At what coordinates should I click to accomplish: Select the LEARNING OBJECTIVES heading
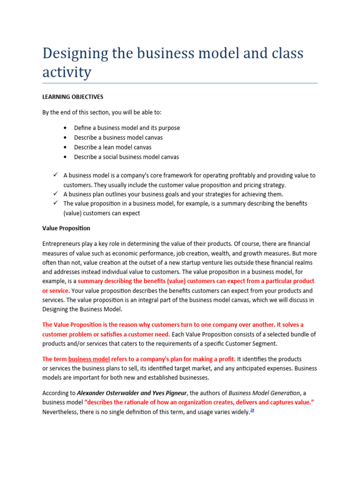click(73, 97)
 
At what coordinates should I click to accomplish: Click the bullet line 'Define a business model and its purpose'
click(127, 128)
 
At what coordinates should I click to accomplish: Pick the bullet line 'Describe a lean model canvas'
click(112, 147)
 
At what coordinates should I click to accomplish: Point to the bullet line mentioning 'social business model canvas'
click(126, 157)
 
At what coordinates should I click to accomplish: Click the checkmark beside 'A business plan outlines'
click(55, 194)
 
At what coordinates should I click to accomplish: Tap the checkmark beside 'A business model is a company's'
click(55, 175)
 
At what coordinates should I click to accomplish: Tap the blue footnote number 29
click(252, 410)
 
